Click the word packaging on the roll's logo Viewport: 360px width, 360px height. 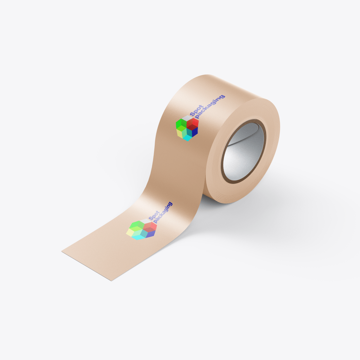(x=210, y=107)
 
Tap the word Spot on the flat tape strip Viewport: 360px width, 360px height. (x=154, y=216)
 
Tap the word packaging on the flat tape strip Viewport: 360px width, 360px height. (x=163, y=213)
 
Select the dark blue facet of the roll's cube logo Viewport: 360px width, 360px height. (x=195, y=132)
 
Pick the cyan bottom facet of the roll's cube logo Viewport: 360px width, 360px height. (x=188, y=138)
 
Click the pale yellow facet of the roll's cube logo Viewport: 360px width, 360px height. (x=179, y=133)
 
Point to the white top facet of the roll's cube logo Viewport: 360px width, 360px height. (x=187, y=118)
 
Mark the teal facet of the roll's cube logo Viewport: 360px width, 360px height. (x=189, y=132)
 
